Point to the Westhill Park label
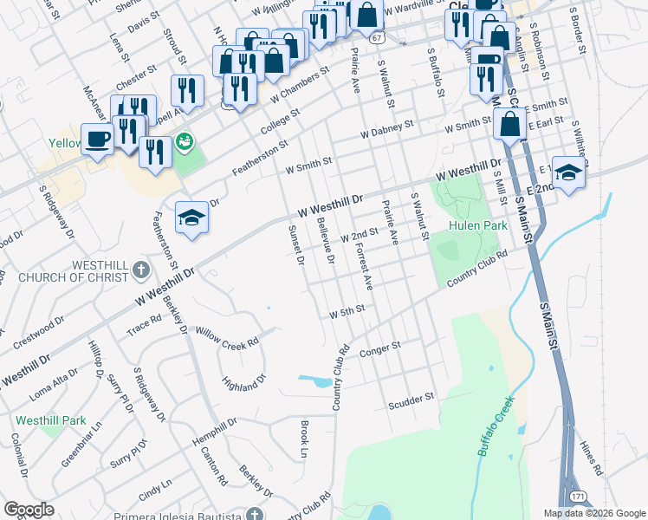click(x=49, y=420)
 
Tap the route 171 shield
click(x=578, y=497)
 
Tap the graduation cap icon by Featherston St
click(x=192, y=217)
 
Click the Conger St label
click(x=380, y=348)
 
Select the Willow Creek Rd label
click(x=227, y=337)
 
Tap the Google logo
click(x=29, y=509)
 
